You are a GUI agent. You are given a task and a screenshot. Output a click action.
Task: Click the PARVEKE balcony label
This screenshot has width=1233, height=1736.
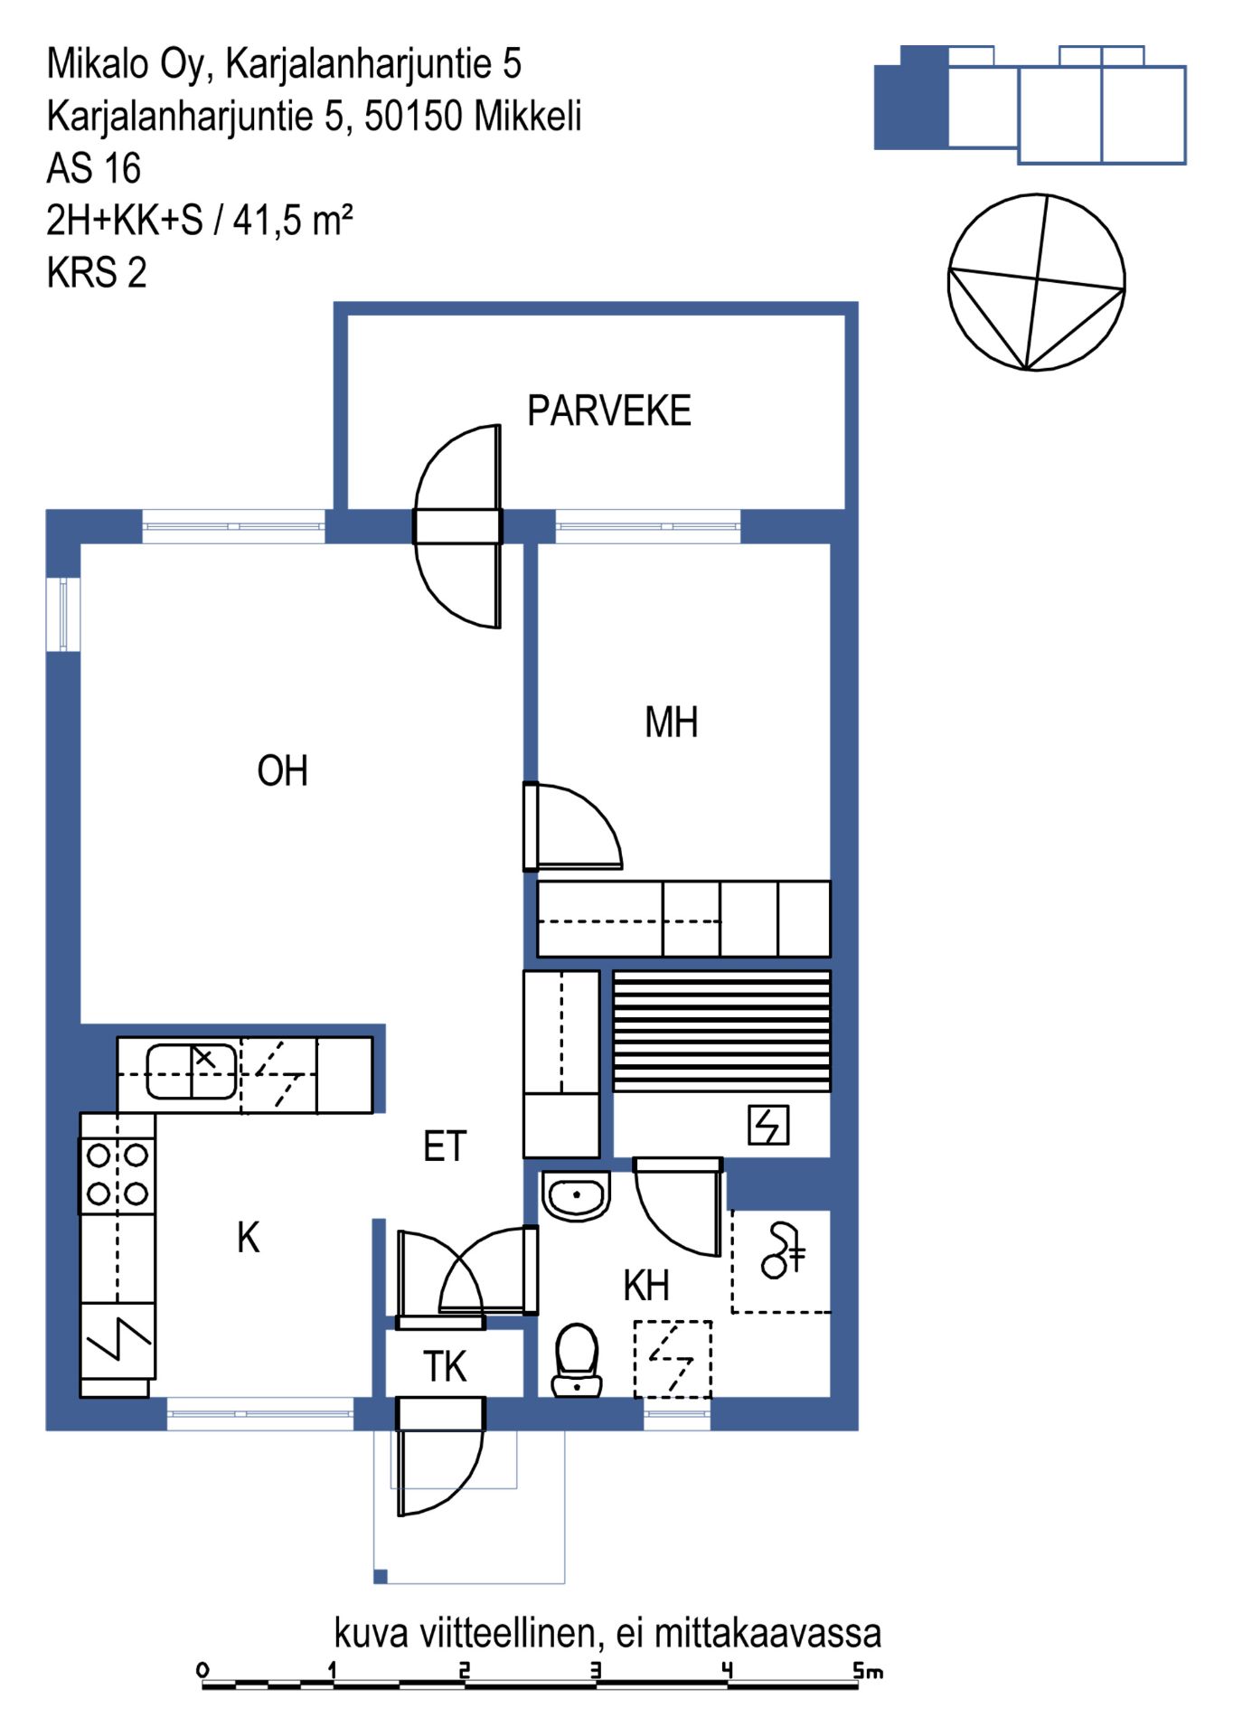609,411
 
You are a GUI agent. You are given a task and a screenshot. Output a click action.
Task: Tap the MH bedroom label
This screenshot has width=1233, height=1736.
672,723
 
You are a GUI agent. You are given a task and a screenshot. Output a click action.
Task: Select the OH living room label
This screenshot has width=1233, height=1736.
283,771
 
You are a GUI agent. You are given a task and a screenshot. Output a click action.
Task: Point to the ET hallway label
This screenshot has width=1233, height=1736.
445,1146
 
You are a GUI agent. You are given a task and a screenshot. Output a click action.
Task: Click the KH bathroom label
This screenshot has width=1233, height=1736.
646,1285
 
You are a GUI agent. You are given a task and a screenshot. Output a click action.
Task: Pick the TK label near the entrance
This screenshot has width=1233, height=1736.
445,1367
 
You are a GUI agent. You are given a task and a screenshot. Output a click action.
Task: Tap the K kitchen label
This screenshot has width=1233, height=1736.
249,1238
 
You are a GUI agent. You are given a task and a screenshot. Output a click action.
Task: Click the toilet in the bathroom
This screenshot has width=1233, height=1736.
577,1360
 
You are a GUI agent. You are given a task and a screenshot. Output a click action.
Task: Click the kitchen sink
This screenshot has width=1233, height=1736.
192,1071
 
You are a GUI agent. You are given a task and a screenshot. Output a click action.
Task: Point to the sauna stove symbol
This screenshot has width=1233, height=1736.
768,1126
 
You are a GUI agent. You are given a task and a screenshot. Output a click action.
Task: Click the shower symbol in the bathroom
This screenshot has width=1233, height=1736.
783,1250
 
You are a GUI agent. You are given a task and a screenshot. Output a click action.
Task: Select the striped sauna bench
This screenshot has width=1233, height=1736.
721,1032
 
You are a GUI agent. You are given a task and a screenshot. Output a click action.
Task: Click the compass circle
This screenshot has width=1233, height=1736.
1036,282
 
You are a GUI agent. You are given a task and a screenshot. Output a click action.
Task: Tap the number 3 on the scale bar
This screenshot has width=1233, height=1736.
595,1670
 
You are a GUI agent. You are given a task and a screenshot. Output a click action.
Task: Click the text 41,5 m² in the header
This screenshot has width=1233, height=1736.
293,220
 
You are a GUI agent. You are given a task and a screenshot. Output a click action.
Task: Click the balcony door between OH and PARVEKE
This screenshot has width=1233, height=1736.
457,526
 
